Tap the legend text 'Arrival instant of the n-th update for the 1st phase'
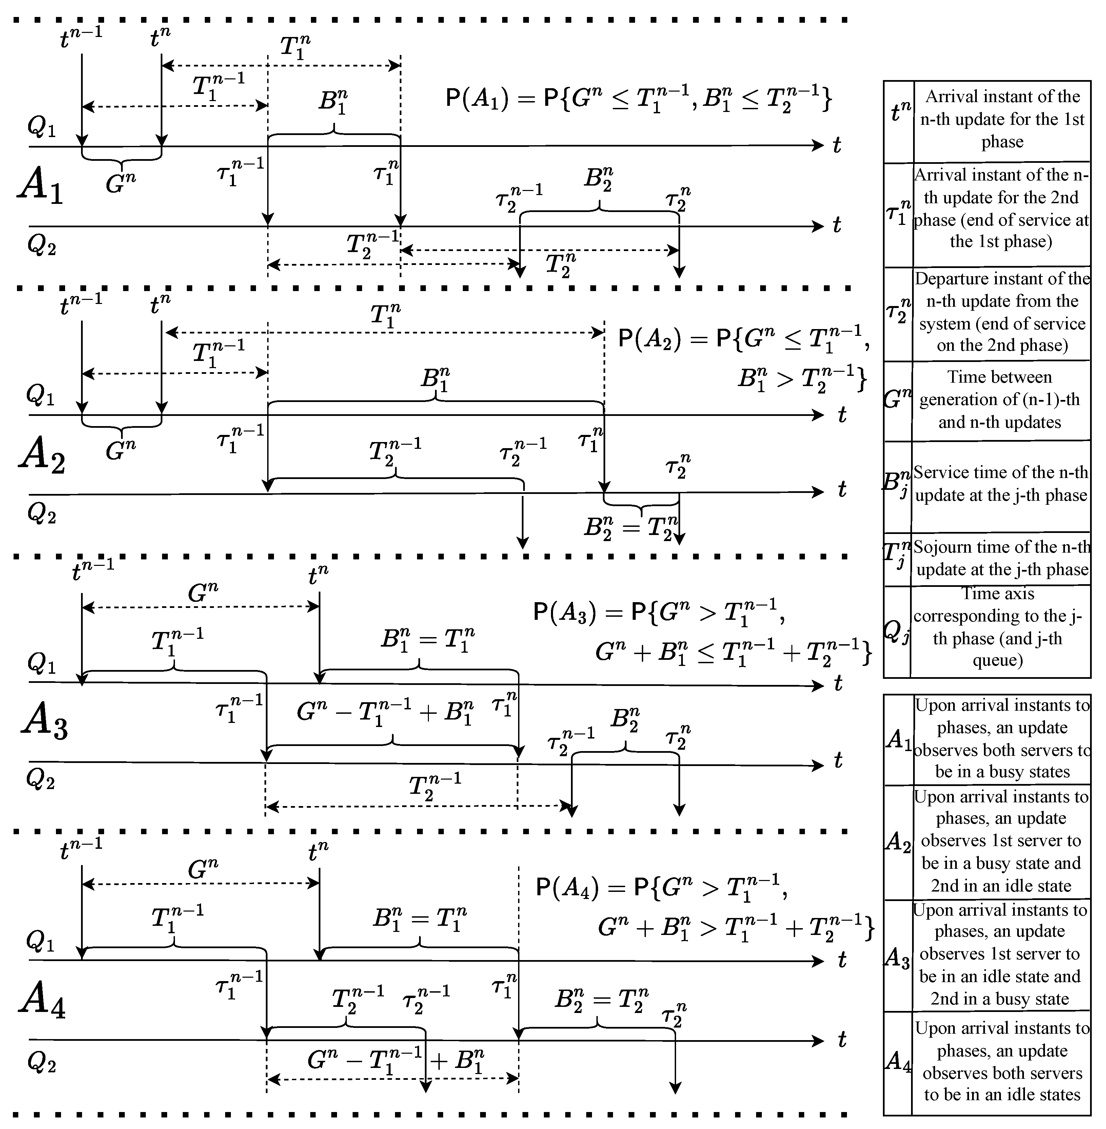point(1002,119)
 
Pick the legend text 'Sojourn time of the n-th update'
point(1002,558)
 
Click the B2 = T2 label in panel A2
point(630,528)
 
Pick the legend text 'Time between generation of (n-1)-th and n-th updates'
point(1000,400)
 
